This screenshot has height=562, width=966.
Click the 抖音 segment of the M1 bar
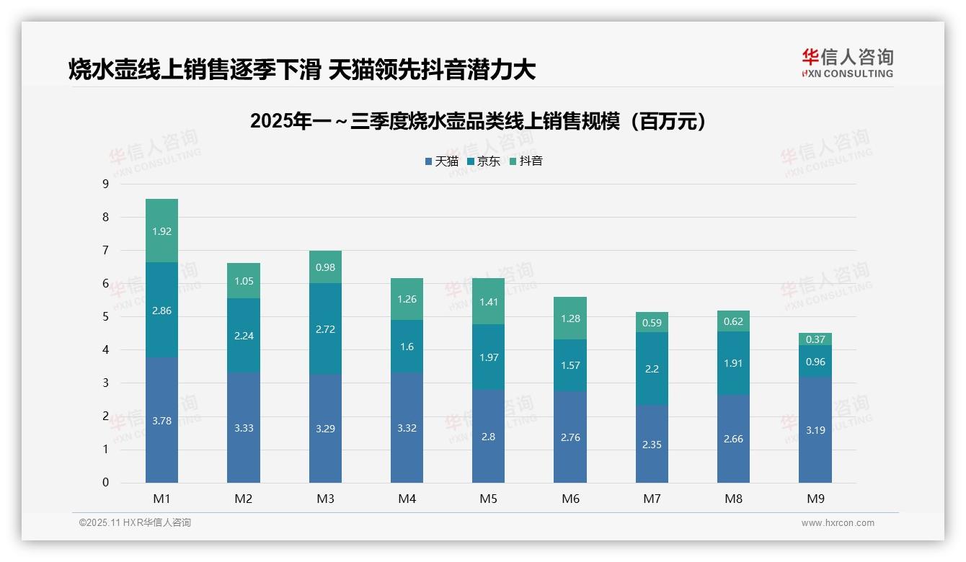click(x=161, y=231)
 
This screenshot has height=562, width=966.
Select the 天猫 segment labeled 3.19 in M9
click(x=815, y=429)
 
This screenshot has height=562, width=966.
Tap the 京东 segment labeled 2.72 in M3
click(x=325, y=329)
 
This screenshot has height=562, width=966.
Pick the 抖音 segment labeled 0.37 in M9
click(x=815, y=339)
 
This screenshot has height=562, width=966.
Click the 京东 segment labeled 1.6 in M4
click(x=407, y=347)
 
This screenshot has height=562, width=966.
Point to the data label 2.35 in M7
click(x=652, y=445)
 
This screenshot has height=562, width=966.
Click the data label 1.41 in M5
click(x=489, y=302)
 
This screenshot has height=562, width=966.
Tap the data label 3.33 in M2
click(x=244, y=428)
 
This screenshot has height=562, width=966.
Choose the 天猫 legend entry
click(x=442, y=161)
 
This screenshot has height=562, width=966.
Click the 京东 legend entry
click(x=484, y=161)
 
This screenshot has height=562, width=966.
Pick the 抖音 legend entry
click(x=526, y=161)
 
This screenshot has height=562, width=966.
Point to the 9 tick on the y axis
click(x=105, y=184)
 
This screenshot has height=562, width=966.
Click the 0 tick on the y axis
click(x=105, y=483)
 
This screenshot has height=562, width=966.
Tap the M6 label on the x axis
click(x=570, y=499)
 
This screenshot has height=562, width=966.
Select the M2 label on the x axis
click(x=244, y=499)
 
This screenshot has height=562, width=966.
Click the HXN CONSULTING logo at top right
click(x=847, y=63)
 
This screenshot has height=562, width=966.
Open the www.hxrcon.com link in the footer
click(x=838, y=523)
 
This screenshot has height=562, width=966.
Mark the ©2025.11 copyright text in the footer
click(x=135, y=523)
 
